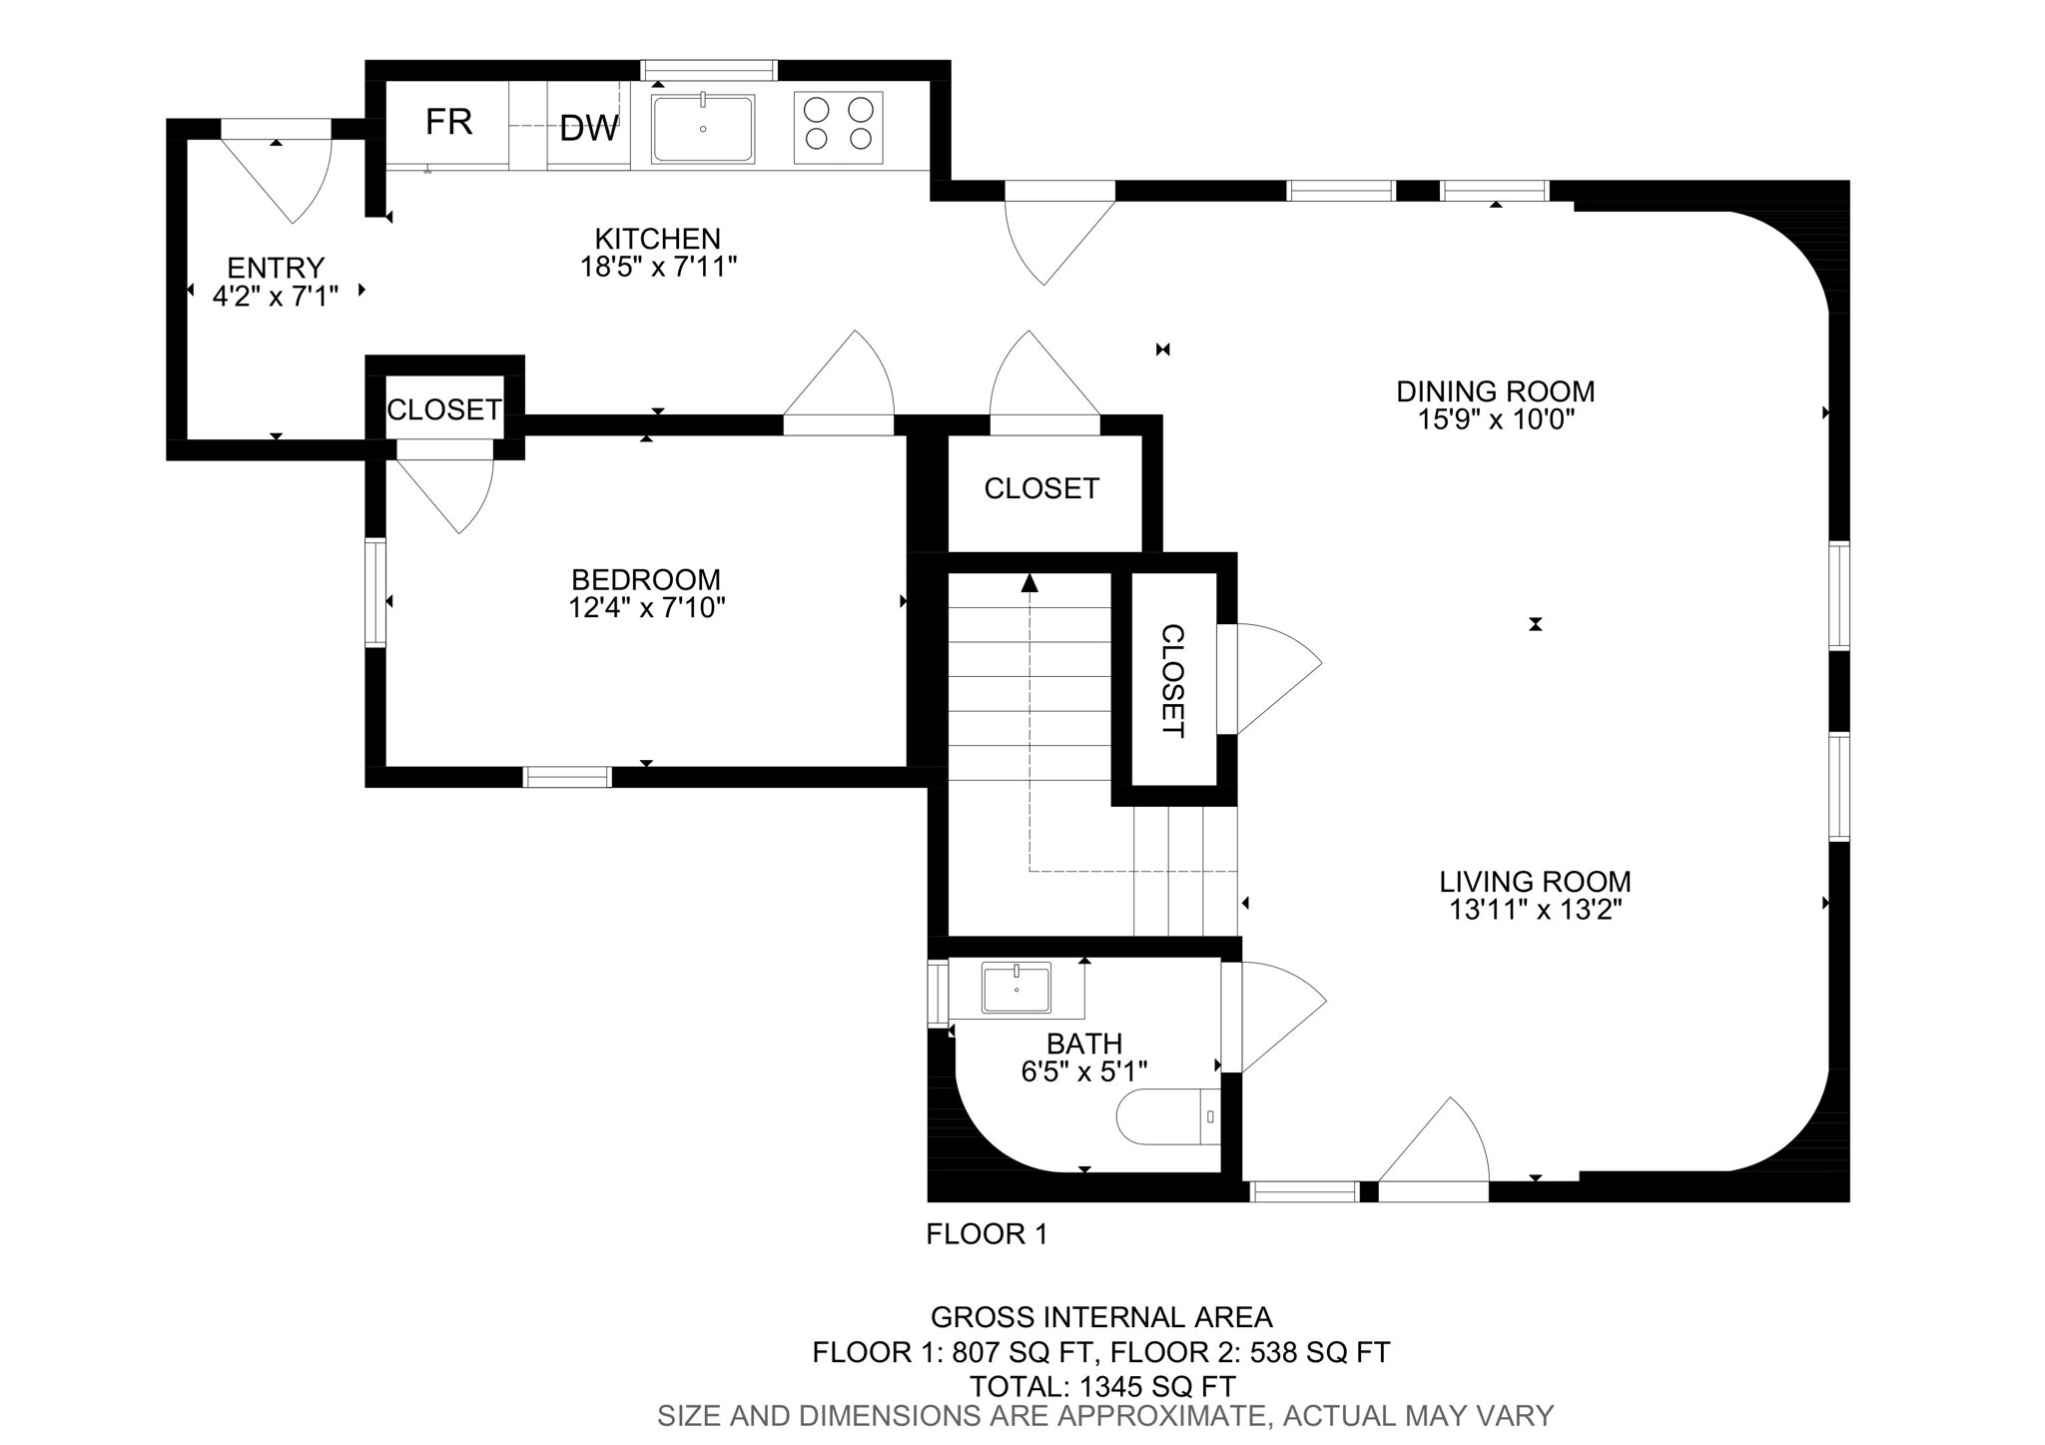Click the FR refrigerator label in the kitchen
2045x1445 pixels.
click(x=448, y=123)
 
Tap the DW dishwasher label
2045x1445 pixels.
click(x=588, y=129)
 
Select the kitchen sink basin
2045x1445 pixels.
click(x=702, y=130)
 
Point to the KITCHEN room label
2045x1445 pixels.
click(x=657, y=239)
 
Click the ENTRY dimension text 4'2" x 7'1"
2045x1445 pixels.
click(x=276, y=296)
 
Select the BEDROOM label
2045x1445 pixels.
click(x=645, y=579)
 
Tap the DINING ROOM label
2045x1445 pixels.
click(x=1495, y=390)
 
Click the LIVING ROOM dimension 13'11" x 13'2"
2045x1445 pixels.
click(x=1535, y=910)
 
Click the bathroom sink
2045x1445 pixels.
click(x=1016, y=988)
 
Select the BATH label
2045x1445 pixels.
click(x=1083, y=1044)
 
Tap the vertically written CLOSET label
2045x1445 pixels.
click(x=1173, y=680)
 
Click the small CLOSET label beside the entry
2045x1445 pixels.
click(x=443, y=409)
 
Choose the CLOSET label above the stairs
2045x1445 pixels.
click(x=1040, y=488)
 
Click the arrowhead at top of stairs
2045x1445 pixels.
click(x=1029, y=583)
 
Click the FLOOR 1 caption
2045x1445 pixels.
click(x=987, y=1234)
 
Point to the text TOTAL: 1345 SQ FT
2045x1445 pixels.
click(x=1102, y=1386)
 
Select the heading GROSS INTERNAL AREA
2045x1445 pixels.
click(x=1101, y=1317)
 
